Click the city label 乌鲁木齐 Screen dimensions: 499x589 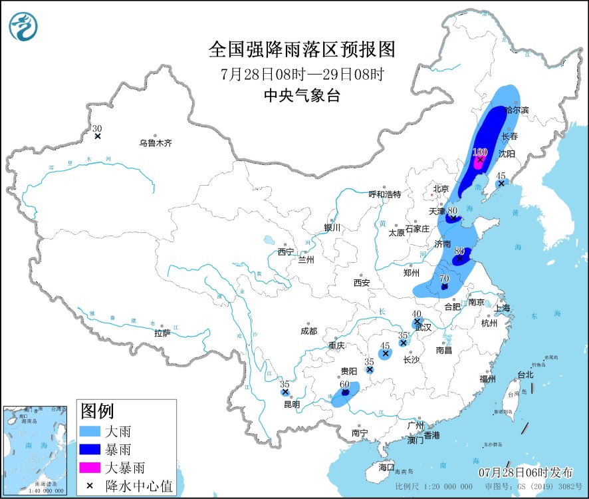coord(156,143)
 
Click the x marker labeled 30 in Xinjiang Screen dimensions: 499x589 coord(98,136)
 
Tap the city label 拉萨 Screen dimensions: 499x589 coord(162,333)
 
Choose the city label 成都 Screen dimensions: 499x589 coord(308,331)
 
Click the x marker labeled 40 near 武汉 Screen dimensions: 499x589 coord(417,321)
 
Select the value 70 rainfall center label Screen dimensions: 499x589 coord(444,278)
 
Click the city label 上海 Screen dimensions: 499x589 coord(501,308)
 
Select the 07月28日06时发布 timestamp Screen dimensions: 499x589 coord(525,472)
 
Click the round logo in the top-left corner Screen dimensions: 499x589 coord(23,27)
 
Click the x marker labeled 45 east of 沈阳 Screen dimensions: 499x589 coord(501,184)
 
